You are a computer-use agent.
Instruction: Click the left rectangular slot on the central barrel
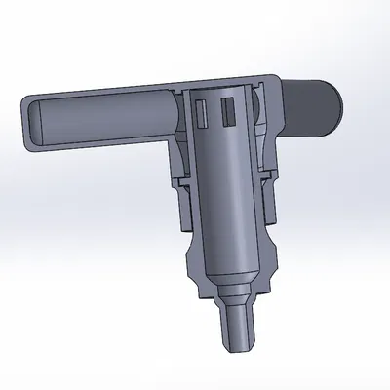coord(203,111)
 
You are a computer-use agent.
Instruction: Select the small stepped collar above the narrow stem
coord(234,293)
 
